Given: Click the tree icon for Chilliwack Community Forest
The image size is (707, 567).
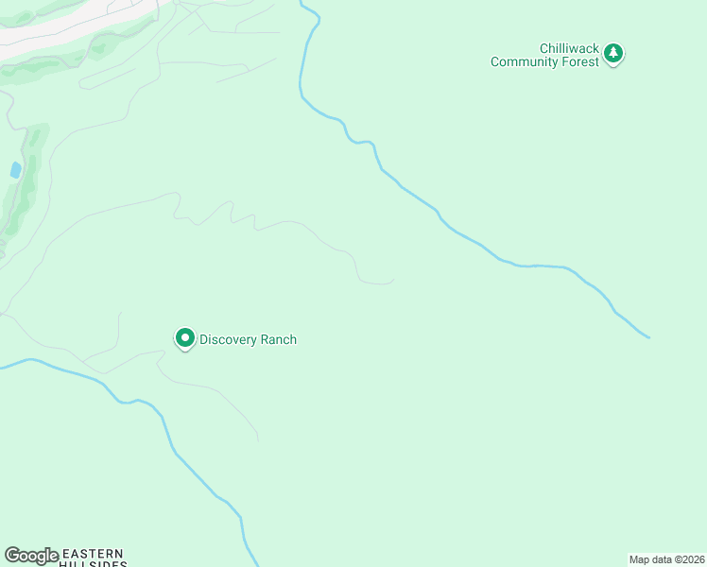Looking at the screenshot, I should (x=614, y=53).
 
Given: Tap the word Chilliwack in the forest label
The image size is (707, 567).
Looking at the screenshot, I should (x=569, y=48).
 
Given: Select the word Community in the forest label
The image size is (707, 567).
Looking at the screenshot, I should (x=526, y=62).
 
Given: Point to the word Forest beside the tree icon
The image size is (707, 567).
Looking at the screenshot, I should (x=580, y=62).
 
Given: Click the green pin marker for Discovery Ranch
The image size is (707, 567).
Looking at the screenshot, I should (x=185, y=337).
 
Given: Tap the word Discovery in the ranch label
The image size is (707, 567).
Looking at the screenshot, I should (x=228, y=340).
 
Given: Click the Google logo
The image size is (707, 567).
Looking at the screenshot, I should (x=31, y=556).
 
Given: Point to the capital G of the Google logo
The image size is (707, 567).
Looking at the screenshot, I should (x=12, y=556).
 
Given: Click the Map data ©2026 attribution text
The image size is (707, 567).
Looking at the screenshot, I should (x=667, y=559).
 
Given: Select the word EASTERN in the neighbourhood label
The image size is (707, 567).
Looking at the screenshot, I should (x=93, y=553).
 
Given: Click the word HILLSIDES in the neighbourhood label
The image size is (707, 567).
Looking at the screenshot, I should (x=93, y=564).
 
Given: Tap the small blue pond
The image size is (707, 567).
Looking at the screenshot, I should (x=15, y=170).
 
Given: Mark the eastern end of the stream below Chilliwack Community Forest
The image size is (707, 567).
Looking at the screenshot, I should (x=648, y=336).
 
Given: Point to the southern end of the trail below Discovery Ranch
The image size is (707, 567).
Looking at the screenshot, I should (x=258, y=439).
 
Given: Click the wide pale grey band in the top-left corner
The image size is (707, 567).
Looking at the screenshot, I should (x=57, y=28).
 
